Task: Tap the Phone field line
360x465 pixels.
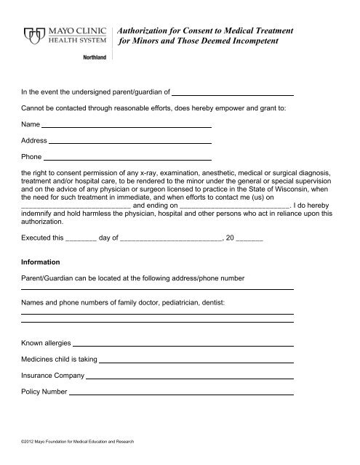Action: point(127,158)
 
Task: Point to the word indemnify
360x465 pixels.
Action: point(43,214)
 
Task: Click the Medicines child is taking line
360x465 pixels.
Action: point(196,361)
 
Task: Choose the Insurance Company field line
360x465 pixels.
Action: point(190,379)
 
